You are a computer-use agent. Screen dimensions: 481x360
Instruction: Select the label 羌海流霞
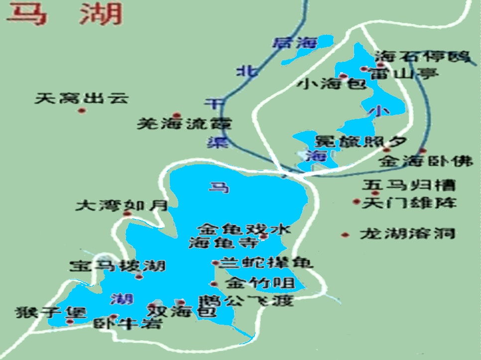184,123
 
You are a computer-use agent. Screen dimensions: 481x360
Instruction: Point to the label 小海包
331,84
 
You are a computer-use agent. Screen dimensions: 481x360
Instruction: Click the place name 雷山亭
403,74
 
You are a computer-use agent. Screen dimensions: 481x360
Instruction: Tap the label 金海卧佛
425,161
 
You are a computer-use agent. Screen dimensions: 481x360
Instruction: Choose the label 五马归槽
408,186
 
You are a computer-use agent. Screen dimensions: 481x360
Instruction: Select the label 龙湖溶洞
407,234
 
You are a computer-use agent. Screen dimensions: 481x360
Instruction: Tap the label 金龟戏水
243,230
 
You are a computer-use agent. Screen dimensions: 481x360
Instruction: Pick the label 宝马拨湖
118,266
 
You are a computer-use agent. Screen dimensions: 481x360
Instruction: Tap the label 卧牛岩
128,325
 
